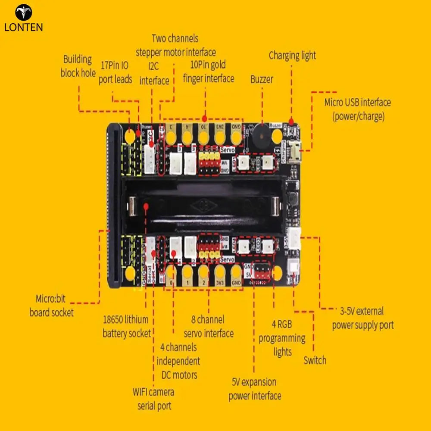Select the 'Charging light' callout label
292,56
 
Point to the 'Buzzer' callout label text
262,80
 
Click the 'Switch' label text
315,360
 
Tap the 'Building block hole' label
78,66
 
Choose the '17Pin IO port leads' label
115,72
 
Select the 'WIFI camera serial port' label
154,399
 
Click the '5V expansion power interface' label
254,389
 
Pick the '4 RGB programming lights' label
282,338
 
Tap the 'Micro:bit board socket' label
51,306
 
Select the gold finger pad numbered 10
203,137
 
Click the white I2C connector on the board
150,158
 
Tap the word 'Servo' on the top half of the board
227,150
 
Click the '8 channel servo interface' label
209,326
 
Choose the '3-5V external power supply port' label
362,318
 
